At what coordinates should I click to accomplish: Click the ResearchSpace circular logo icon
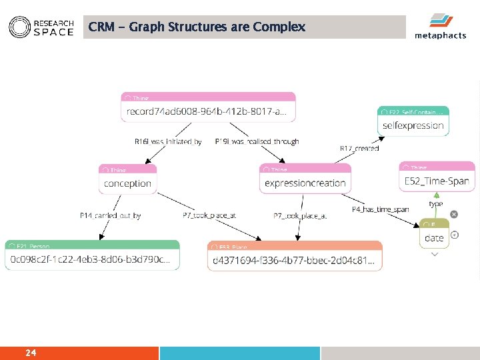click(x=19, y=27)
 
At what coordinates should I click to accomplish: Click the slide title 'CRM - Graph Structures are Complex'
click(x=197, y=27)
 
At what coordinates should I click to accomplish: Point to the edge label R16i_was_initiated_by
click(x=168, y=141)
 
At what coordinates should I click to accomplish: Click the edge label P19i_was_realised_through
click(x=257, y=141)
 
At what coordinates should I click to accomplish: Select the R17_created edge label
click(x=359, y=148)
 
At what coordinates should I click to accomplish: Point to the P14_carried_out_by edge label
click(x=110, y=215)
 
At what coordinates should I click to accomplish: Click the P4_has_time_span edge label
click(x=380, y=209)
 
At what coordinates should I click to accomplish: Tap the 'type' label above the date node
click(x=435, y=203)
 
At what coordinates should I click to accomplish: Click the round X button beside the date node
click(x=454, y=214)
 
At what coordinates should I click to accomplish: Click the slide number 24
click(x=31, y=352)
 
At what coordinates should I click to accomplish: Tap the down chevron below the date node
click(x=435, y=254)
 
